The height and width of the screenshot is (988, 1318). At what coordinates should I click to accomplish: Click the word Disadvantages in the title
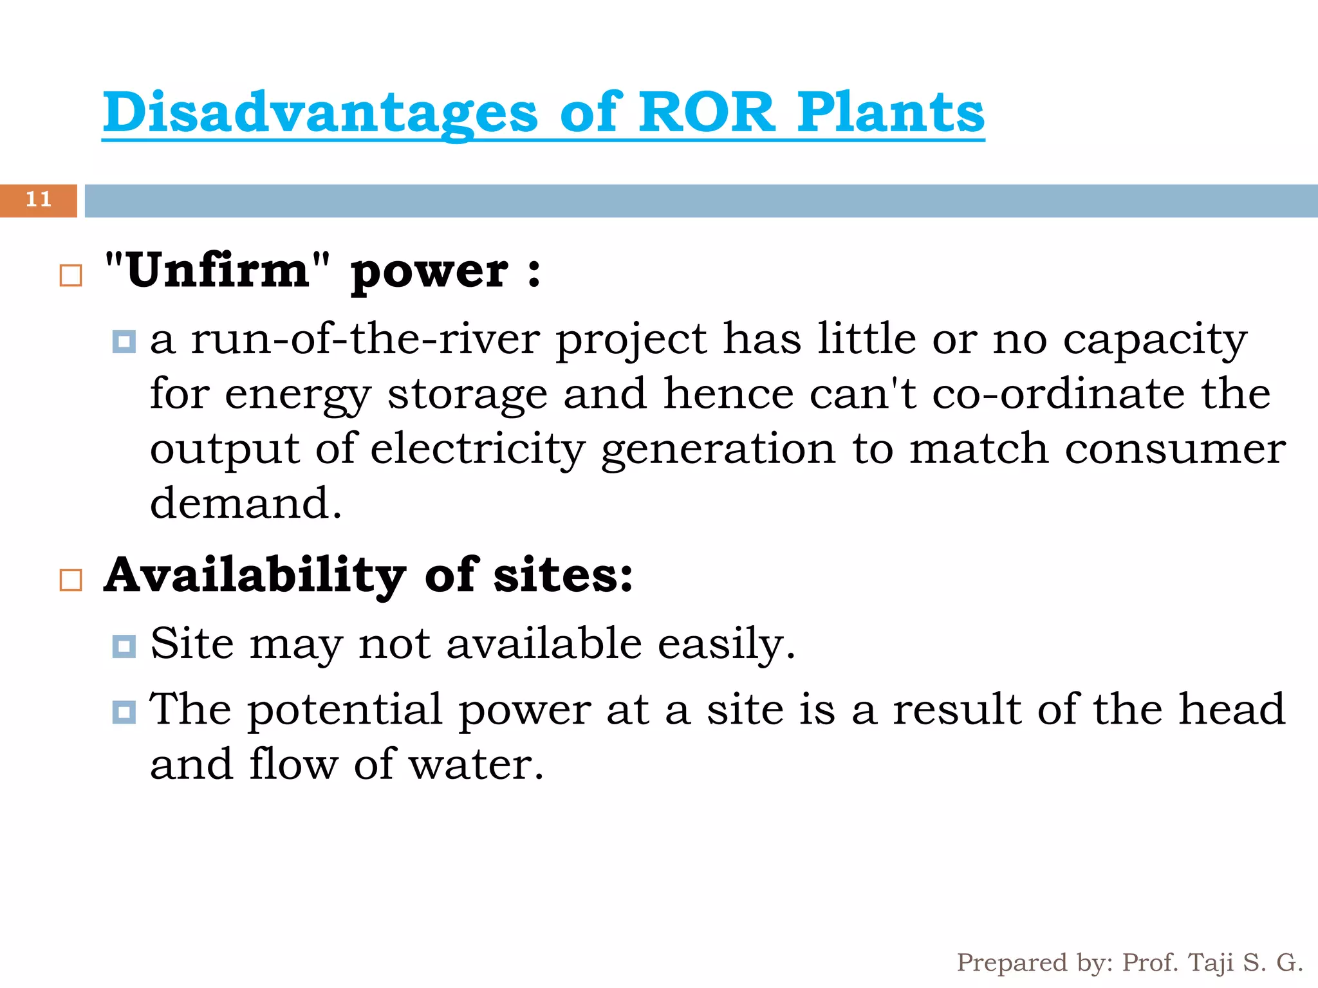320,113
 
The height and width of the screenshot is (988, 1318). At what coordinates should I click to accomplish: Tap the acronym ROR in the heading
706,113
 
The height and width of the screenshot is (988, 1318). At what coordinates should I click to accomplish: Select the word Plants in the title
891,113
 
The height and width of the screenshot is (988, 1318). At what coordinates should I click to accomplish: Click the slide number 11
39,199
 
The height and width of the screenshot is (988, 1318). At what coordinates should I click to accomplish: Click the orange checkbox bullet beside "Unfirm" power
71,275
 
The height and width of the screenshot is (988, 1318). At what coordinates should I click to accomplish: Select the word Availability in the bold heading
255,576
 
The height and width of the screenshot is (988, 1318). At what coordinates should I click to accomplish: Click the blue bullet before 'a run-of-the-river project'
124,341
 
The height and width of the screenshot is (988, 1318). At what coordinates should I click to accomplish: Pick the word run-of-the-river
365,339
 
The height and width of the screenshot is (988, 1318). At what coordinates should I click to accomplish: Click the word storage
467,395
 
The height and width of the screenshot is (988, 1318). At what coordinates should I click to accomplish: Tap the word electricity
478,450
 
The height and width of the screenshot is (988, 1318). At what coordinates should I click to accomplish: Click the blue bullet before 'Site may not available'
124,646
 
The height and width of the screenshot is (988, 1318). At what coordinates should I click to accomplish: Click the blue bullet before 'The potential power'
124,712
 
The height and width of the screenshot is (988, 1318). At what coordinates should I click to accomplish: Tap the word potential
345,711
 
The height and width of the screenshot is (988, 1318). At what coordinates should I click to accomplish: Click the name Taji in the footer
1211,963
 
